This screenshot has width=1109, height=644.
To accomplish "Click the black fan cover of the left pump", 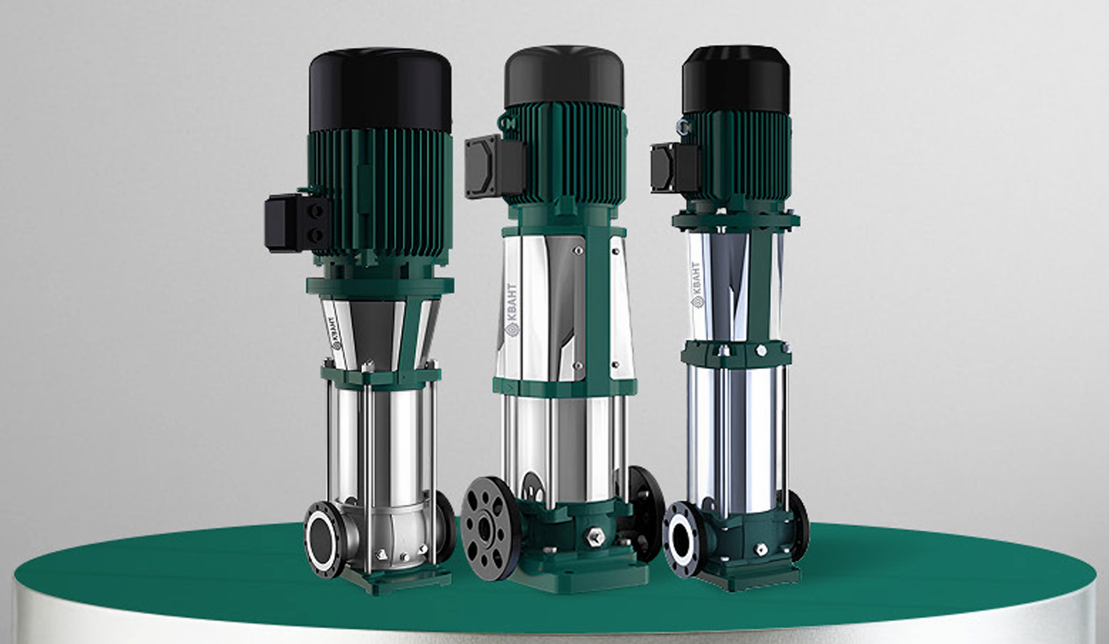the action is tap(380, 90).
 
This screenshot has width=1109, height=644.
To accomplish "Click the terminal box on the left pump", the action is tap(296, 223).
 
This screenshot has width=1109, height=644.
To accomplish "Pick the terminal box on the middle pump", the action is tap(494, 166).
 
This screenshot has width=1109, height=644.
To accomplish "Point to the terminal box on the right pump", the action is tap(674, 168).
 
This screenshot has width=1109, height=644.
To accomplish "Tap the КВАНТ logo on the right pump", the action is tap(696, 286).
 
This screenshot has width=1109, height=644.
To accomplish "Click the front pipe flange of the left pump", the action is tap(323, 539).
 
